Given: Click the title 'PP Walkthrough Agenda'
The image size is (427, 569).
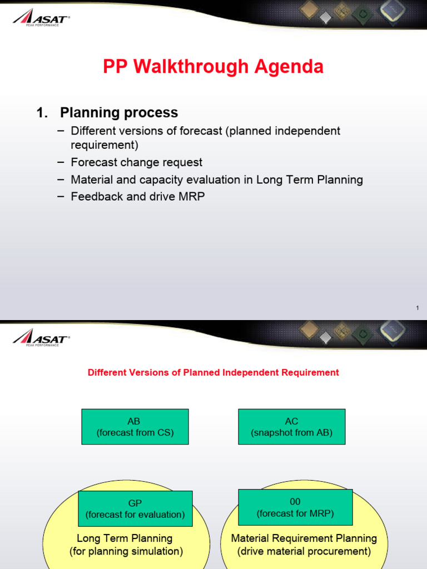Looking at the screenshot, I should click(213, 67).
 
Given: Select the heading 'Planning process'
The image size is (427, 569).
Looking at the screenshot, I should click(119, 113).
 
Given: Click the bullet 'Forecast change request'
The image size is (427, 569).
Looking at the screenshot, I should click(136, 162).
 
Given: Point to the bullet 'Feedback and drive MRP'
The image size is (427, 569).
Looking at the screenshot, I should click(137, 196).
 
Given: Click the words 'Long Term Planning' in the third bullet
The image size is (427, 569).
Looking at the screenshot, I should click(310, 179).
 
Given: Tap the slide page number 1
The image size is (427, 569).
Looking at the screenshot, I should click(417, 308).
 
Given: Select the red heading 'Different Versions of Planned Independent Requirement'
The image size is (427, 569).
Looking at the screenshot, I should click(213, 372).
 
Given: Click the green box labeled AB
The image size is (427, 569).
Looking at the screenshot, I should click(135, 427).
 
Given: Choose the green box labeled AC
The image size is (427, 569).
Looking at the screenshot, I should click(292, 427).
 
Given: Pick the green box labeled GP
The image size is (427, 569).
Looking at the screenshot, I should click(135, 508).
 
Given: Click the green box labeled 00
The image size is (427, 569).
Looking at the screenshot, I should click(295, 507).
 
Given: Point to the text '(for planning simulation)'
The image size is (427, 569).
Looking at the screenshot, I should click(126, 551).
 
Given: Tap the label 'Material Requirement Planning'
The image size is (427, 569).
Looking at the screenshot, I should click(304, 538).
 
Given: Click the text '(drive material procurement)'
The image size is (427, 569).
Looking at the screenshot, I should click(304, 551).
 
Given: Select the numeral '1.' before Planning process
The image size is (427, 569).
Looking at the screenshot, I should click(42, 113).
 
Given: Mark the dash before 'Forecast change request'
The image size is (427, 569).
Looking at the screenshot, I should click(60, 162).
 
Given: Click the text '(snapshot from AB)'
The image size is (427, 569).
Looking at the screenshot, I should click(292, 433).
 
